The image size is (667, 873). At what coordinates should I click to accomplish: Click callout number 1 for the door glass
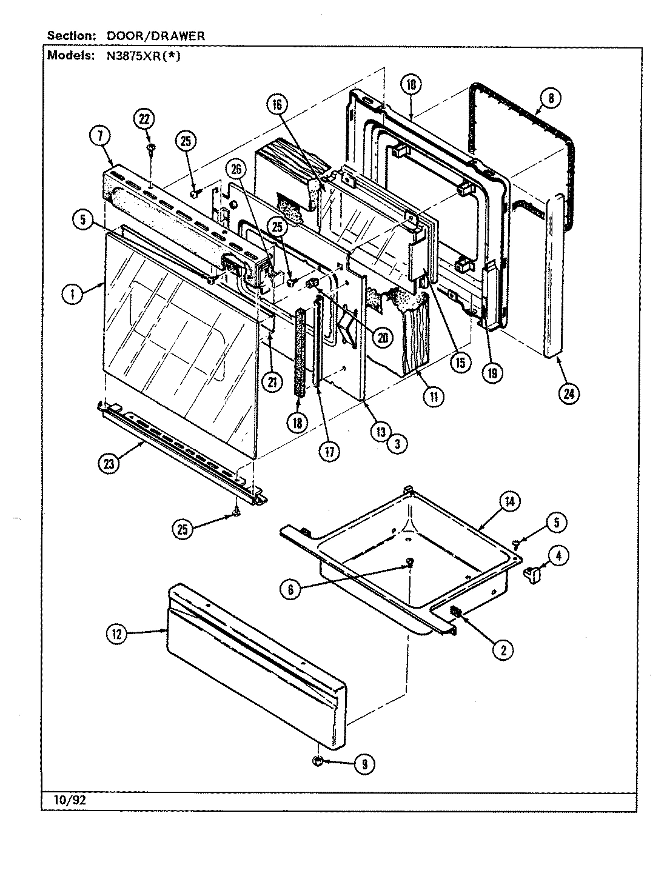[73, 295]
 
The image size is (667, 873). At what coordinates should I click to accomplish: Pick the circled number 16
[277, 104]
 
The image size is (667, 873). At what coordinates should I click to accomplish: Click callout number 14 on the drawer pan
[510, 501]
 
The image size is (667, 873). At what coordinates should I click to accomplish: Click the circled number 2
[503, 650]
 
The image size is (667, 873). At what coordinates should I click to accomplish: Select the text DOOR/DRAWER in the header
[156, 36]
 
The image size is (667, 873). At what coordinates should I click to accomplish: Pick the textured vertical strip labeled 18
[299, 352]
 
